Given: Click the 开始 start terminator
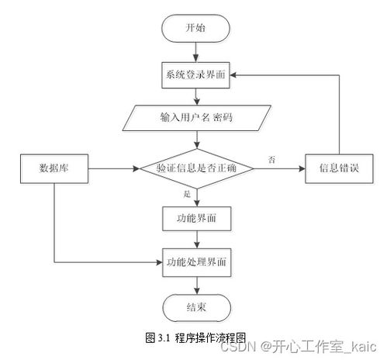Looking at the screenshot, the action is click(195, 28).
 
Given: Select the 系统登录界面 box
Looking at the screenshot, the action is click(195, 75).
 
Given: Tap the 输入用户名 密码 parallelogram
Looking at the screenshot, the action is click(196, 118).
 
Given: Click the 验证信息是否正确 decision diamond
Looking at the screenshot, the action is click(197, 168).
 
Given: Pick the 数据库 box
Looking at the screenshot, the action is click(54, 168).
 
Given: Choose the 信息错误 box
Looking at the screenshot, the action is click(339, 168).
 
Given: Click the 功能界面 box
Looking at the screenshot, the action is click(196, 219).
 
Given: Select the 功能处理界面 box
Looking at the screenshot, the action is click(196, 262).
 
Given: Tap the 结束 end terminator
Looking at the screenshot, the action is click(196, 308).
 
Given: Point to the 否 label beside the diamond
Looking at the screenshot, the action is click(271, 160).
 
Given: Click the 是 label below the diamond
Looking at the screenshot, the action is click(187, 194).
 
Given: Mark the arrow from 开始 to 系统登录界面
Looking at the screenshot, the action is click(196, 52).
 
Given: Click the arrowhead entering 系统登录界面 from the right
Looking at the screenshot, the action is click(233, 75).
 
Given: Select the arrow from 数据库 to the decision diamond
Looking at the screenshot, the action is click(114, 169).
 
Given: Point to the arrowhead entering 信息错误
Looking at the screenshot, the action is click(302, 169).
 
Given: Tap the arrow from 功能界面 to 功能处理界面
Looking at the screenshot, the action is click(197, 240).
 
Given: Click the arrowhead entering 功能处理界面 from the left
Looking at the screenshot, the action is click(159, 262).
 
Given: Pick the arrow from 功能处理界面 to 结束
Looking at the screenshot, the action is click(197, 286).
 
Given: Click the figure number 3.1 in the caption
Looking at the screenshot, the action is click(164, 337).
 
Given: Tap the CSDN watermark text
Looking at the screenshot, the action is click(238, 347).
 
